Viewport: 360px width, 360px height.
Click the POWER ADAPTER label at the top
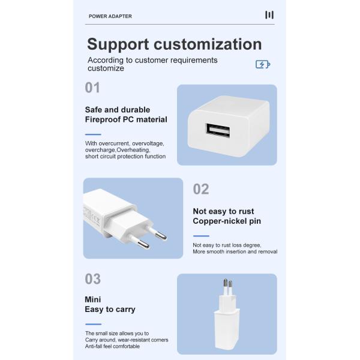tap(110, 16)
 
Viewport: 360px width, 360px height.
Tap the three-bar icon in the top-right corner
tap(269, 15)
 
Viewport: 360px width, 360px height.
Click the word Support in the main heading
tap(118, 44)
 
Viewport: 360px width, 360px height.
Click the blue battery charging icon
tap(263, 64)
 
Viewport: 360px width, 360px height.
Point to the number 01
tap(92, 88)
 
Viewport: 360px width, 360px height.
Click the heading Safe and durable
tap(118, 110)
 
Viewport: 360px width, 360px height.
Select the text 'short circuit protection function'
tap(125, 157)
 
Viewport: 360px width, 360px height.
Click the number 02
tap(201, 190)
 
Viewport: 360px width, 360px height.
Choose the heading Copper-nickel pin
tap(227, 221)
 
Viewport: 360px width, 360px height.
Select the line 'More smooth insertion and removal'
tap(235, 252)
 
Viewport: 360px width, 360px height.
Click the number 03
tap(92, 279)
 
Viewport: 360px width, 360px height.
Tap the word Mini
tap(93, 299)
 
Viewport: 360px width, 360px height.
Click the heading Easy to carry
tap(110, 310)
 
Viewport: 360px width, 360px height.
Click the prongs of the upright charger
tap(227, 285)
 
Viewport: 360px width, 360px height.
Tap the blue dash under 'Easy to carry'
tap(93, 324)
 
